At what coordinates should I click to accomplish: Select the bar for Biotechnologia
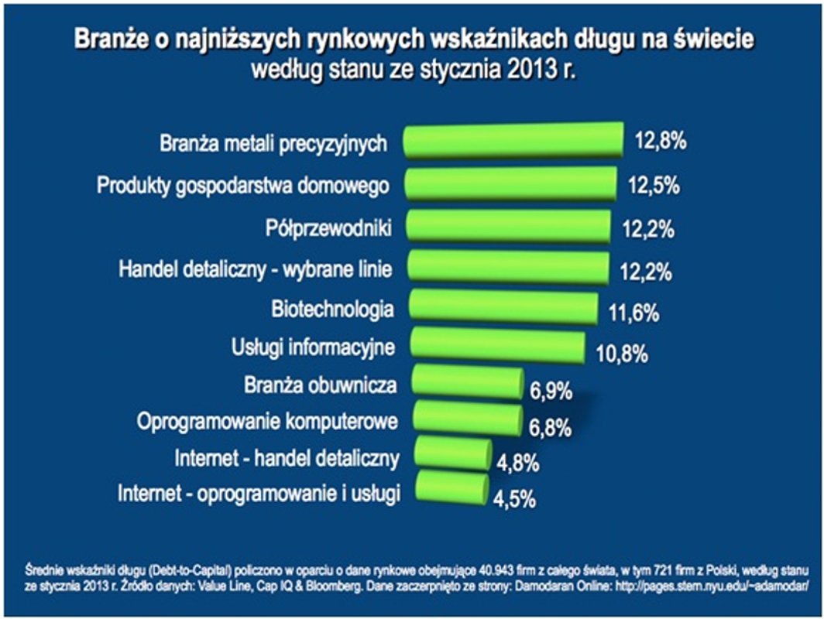pos(503,307)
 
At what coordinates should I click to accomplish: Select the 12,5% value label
pos(654,186)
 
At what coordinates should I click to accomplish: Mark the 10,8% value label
pos(621,356)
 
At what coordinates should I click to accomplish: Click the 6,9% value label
pos(551,392)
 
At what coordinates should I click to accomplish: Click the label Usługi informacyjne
pos(314,347)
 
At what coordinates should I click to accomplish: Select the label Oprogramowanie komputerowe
pos(267,422)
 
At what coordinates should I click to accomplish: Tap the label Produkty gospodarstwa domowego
pos(242,186)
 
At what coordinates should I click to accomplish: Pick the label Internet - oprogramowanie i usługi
pos(259,494)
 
